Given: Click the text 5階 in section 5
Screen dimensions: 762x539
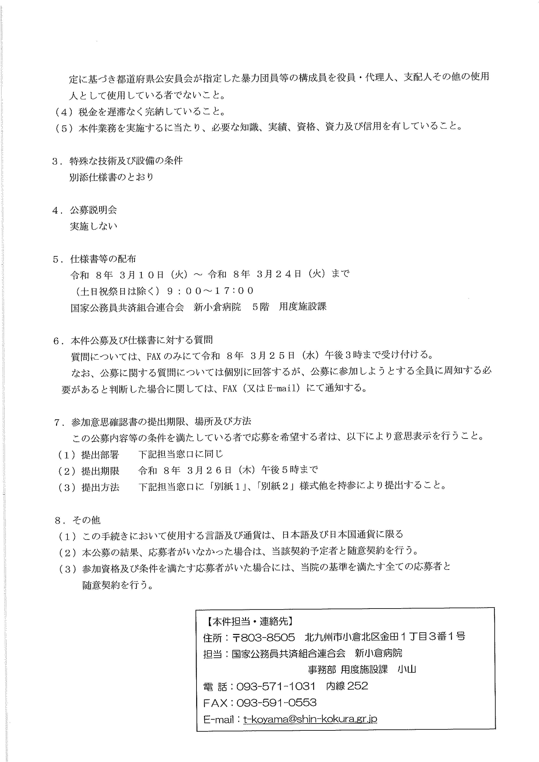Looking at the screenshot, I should [260, 307].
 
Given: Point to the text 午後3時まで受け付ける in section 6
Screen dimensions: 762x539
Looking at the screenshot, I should [378, 355].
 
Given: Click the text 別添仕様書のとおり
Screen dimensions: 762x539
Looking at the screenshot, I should [111, 177].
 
